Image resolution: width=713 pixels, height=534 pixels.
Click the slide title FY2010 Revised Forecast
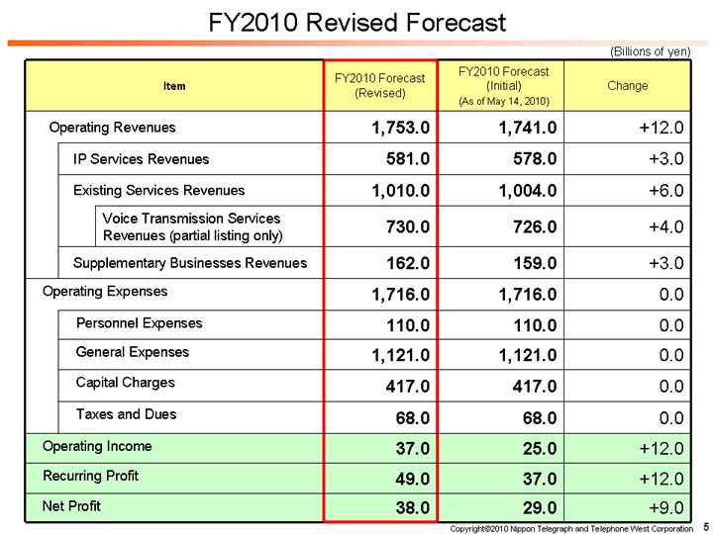pyautogui.click(x=357, y=23)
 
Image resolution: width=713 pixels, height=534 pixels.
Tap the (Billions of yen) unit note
pyautogui.click(x=650, y=51)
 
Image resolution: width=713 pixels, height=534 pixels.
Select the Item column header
pyautogui.click(x=173, y=86)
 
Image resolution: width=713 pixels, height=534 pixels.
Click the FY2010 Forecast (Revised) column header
pyautogui.click(x=379, y=86)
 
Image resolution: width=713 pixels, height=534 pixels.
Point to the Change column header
pyautogui.click(x=627, y=86)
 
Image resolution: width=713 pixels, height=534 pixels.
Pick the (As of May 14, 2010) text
pyautogui.click(x=503, y=102)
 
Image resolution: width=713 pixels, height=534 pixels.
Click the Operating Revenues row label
pyautogui.click(x=112, y=128)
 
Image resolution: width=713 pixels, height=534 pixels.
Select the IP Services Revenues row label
pyautogui.click(x=141, y=159)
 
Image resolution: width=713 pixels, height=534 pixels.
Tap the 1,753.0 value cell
pyautogui.click(x=401, y=128)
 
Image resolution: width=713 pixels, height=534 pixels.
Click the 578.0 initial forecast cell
pyautogui.click(x=531, y=159)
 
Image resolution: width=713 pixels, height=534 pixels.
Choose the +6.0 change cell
pyautogui.click(x=662, y=190)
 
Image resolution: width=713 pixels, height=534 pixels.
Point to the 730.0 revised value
pyautogui.click(x=407, y=226)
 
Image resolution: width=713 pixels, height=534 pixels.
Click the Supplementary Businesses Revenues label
pyautogui.click(x=190, y=263)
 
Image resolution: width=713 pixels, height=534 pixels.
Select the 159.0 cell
pyautogui.click(x=531, y=263)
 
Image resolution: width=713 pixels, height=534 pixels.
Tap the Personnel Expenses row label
pyautogui.click(x=139, y=323)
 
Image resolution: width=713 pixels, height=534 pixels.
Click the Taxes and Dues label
pyautogui.click(x=126, y=414)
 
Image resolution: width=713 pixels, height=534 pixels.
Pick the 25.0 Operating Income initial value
pyautogui.click(x=536, y=448)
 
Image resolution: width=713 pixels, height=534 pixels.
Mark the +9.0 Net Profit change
pyautogui.click(x=662, y=508)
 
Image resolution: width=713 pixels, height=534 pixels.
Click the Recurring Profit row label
pyautogui.click(x=90, y=477)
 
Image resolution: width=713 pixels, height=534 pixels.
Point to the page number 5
pyautogui.click(x=704, y=527)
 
